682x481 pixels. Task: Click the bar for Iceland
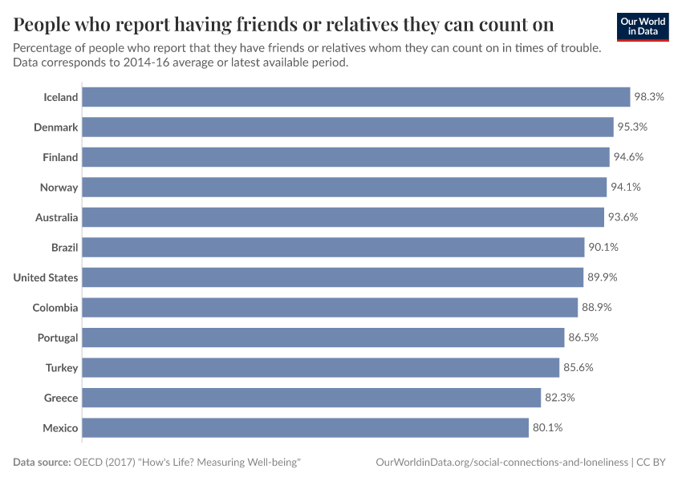coord(356,97)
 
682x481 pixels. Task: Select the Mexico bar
coord(306,428)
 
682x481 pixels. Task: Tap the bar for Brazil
coord(333,248)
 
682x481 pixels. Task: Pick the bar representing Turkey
coord(321,368)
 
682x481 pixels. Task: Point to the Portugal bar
coord(323,338)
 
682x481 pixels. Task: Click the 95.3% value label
coord(632,127)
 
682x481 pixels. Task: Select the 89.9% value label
coord(603,277)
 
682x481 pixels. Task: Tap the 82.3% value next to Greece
coord(560,398)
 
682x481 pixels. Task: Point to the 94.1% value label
coord(626,188)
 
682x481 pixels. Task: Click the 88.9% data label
coord(597,308)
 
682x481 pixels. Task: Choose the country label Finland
coord(60,157)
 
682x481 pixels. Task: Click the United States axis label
coord(46,277)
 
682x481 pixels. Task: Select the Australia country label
coord(56,217)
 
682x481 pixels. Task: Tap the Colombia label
coord(55,308)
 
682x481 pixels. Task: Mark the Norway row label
coord(59,188)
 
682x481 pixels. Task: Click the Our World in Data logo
coord(643,26)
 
